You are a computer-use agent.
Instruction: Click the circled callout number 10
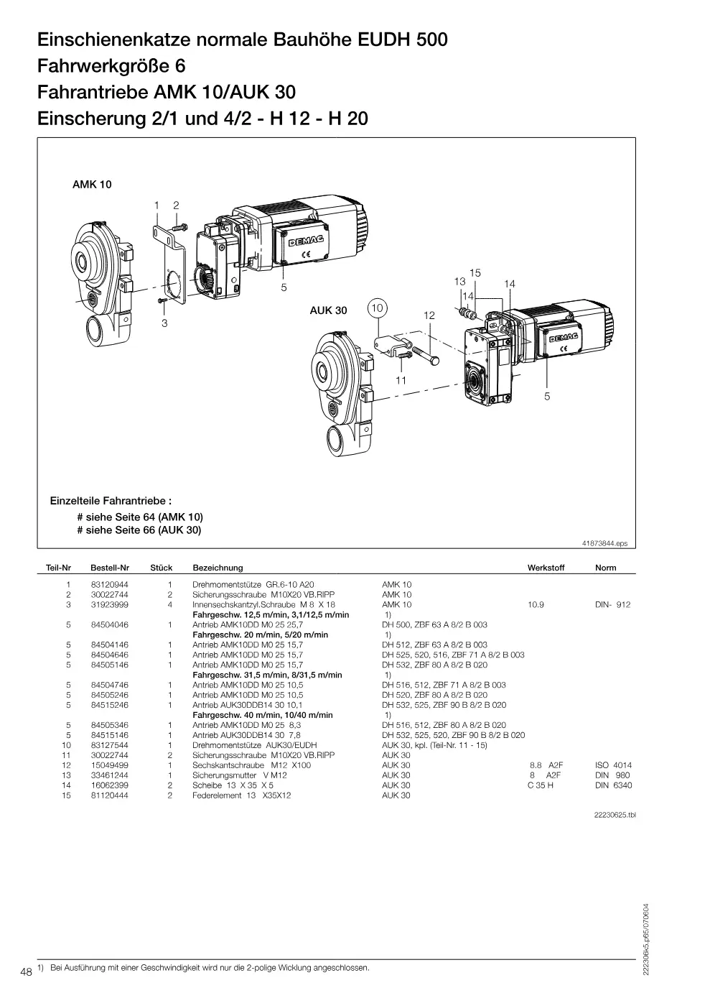(x=377, y=308)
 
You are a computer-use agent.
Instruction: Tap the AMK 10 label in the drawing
(x=92, y=185)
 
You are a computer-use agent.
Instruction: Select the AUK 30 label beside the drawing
(x=328, y=310)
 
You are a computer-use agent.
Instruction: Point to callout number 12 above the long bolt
(x=429, y=315)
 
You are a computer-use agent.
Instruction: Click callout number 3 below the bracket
(x=164, y=323)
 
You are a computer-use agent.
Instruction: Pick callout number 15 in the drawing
(x=475, y=272)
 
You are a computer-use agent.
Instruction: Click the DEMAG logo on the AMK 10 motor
(x=306, y=241)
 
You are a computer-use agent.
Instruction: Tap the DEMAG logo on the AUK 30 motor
(x=564, y=337)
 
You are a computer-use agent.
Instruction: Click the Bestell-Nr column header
(x=110, y=568)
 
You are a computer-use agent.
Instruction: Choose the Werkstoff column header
(x=546, y=568)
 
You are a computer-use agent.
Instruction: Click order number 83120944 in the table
(x=110, y=585)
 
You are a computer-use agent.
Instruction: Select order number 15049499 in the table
(x=110, y=765)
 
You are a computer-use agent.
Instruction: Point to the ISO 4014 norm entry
(x=613, y=765)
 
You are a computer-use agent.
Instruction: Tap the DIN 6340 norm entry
(x=613, y=785)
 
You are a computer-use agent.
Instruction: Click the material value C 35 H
(x=541, y=785)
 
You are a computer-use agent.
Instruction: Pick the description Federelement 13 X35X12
(x=241, y=795)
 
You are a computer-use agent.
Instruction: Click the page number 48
(x=26, y=972)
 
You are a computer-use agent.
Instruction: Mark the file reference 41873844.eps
(x=604, y=543)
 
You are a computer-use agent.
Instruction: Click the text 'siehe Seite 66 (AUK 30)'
(x=143, y=530)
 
